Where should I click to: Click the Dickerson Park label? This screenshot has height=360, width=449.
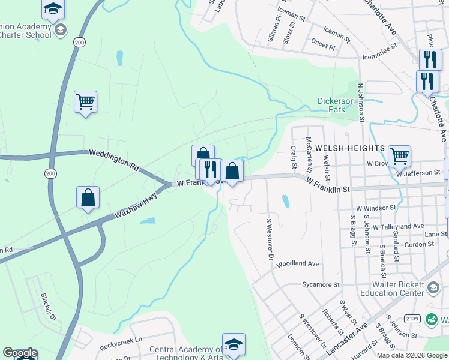click(x=331, y=105)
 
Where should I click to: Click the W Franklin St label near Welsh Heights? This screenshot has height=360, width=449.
click(x=328, y=184)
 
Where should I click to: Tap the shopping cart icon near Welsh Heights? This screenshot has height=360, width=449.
click(x=399, y=156)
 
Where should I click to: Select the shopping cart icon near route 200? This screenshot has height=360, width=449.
click(x=86, y=102)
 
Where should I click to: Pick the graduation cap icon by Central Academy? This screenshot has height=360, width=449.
click(x=234, y=344)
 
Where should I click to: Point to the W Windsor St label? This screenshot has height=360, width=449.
click(x=376, y=208)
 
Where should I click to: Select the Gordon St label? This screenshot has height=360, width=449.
click(x=419, y=244)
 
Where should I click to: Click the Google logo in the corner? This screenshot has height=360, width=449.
click(x=20, y=353)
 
